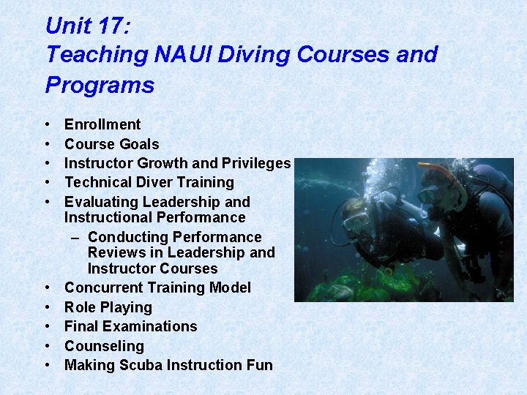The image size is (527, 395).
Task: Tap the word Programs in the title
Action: click(x=100, y=85)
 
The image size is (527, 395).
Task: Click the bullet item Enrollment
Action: click(x=102, y=124)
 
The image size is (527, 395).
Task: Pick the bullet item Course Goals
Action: click(x=111, y=144)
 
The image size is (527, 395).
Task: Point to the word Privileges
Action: click(x=257, y=163)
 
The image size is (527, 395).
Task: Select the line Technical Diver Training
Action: click(x=149, y=182)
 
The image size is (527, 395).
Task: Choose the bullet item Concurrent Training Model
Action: click(x=157, y=287)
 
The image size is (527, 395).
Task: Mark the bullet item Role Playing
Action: click(x=108, y=307)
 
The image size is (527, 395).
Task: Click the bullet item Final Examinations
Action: click(x=131, y=326)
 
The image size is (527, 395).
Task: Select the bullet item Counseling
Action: click(x=104, y=346)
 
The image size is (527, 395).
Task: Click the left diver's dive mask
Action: click(x=356, y=220)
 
